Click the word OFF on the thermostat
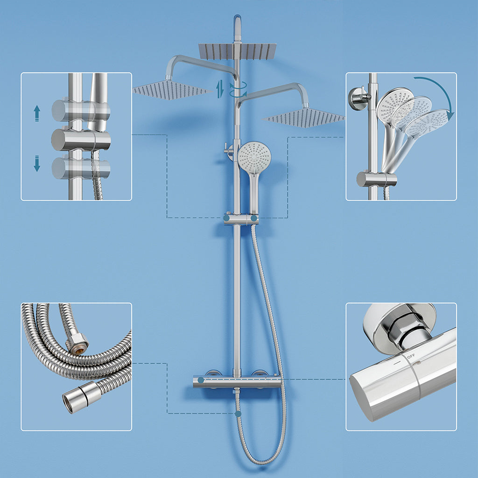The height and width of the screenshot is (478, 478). click(411, 356)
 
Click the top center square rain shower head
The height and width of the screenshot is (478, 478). click(238, 51)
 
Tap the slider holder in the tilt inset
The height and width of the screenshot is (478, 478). click(376, 179)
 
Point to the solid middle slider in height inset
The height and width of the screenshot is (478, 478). click(80, 140)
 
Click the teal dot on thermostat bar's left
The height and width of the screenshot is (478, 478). click(201, 380)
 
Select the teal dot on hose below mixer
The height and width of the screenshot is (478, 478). click(238, 414)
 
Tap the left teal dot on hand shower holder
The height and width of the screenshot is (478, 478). click(226, 218)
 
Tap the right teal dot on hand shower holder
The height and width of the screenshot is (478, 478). click(253, 218)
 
